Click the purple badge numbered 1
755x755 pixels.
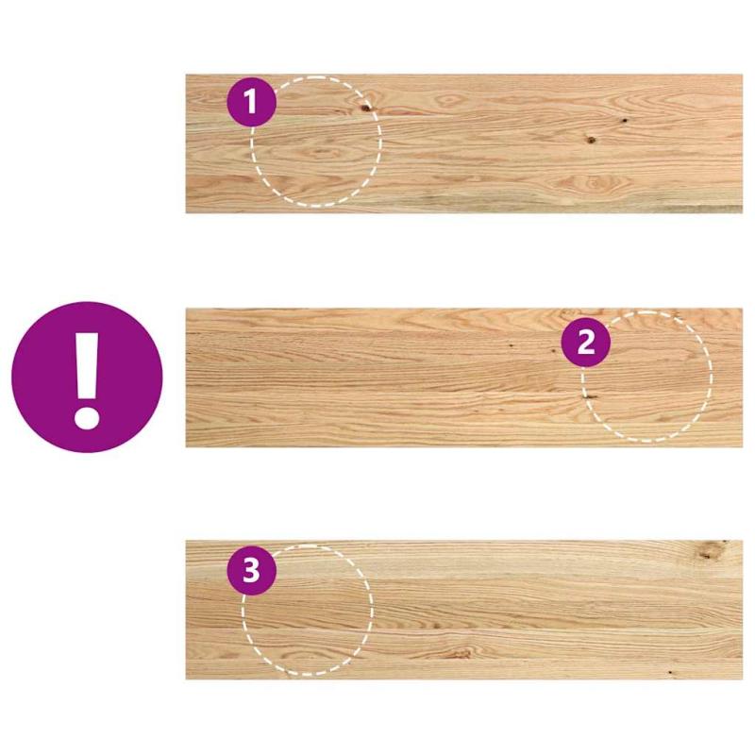click(x=251, y=102)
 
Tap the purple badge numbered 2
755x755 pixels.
click(x=586, y=343)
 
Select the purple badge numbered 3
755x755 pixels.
click(x=251, y=570)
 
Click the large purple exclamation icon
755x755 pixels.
click(x=87, y=377)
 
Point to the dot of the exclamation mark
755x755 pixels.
click(x=87, y=414)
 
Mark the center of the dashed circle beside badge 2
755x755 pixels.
click(x=647, y=377)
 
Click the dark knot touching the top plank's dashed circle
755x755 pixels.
click(x=364, y=108)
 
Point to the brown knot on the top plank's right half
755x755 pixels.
click(x=592, y=140)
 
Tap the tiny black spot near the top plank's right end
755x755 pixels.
click(x=624, y=122)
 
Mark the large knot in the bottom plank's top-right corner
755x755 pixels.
click(x=710, y=553)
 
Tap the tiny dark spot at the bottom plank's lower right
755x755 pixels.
click(x=669, y=672)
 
